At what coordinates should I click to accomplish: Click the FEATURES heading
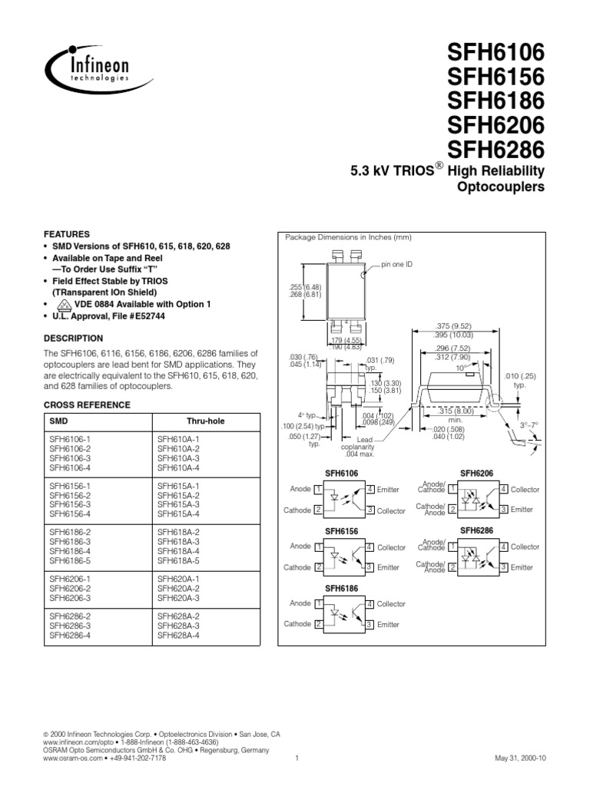[x=67, y=234]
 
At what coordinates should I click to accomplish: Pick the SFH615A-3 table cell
[x=178, y=505]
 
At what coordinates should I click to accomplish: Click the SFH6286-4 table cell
[x=70, y=636]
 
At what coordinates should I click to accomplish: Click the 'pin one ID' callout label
[x=397, y=264]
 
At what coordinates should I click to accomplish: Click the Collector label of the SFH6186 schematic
[x=391, y=604]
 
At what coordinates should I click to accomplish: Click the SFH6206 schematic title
[x=477, y=474]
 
